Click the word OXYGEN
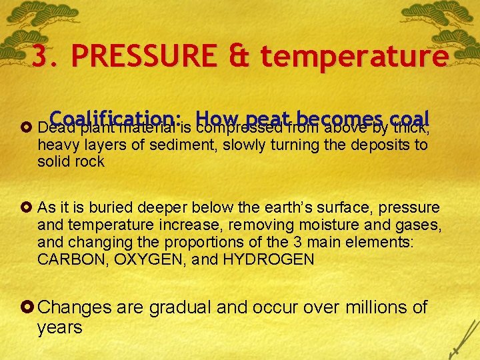click(139, 259)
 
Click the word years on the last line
click(60, 328)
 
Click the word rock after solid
click(89, 162)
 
